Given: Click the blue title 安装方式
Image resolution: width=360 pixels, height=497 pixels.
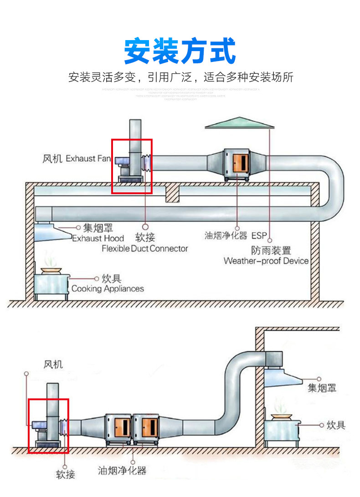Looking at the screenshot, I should pyautogui.click(x=180, y=51).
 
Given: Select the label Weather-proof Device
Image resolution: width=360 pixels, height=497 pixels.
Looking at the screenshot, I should pyautogui.click(x=266, y=261).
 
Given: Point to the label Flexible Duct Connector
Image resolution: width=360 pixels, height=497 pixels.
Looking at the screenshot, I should pyautogui.click(x=144, y=248).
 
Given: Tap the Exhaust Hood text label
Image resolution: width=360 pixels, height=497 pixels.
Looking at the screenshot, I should pyautogui.click(x=98, y=238).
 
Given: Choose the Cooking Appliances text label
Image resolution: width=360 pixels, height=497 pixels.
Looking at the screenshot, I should pyautogui.click(x=108, y=288).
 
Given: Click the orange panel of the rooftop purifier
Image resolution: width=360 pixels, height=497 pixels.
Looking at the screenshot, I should pyautogui.click(x=240, y=161).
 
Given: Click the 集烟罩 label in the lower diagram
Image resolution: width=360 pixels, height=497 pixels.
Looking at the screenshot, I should pyautogui.click(x=322, y=388).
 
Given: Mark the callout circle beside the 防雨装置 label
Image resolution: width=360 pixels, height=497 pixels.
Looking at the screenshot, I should pyautogui.click(x=270, y=240).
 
